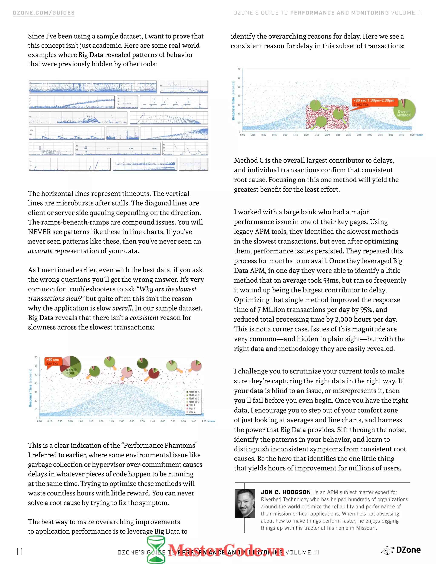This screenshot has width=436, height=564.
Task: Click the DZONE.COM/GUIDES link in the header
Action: pos(44,13)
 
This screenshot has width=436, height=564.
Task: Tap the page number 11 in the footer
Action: pos(19,552)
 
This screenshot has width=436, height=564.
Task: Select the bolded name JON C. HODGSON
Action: pos(286,492)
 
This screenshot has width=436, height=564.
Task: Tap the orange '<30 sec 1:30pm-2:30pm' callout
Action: pos(373,102)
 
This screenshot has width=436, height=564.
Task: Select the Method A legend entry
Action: pos(194,392)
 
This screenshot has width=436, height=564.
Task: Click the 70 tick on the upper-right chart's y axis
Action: pos(239,69)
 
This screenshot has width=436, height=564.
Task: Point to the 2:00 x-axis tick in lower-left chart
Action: pos(122,421)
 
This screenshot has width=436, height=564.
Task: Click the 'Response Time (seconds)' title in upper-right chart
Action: pos(233,100)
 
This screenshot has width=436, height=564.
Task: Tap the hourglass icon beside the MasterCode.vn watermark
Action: pos(156,550)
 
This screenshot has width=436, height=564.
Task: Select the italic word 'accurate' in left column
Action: pos(40,251)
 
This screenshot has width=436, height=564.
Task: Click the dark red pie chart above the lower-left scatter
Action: pos(153,373)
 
